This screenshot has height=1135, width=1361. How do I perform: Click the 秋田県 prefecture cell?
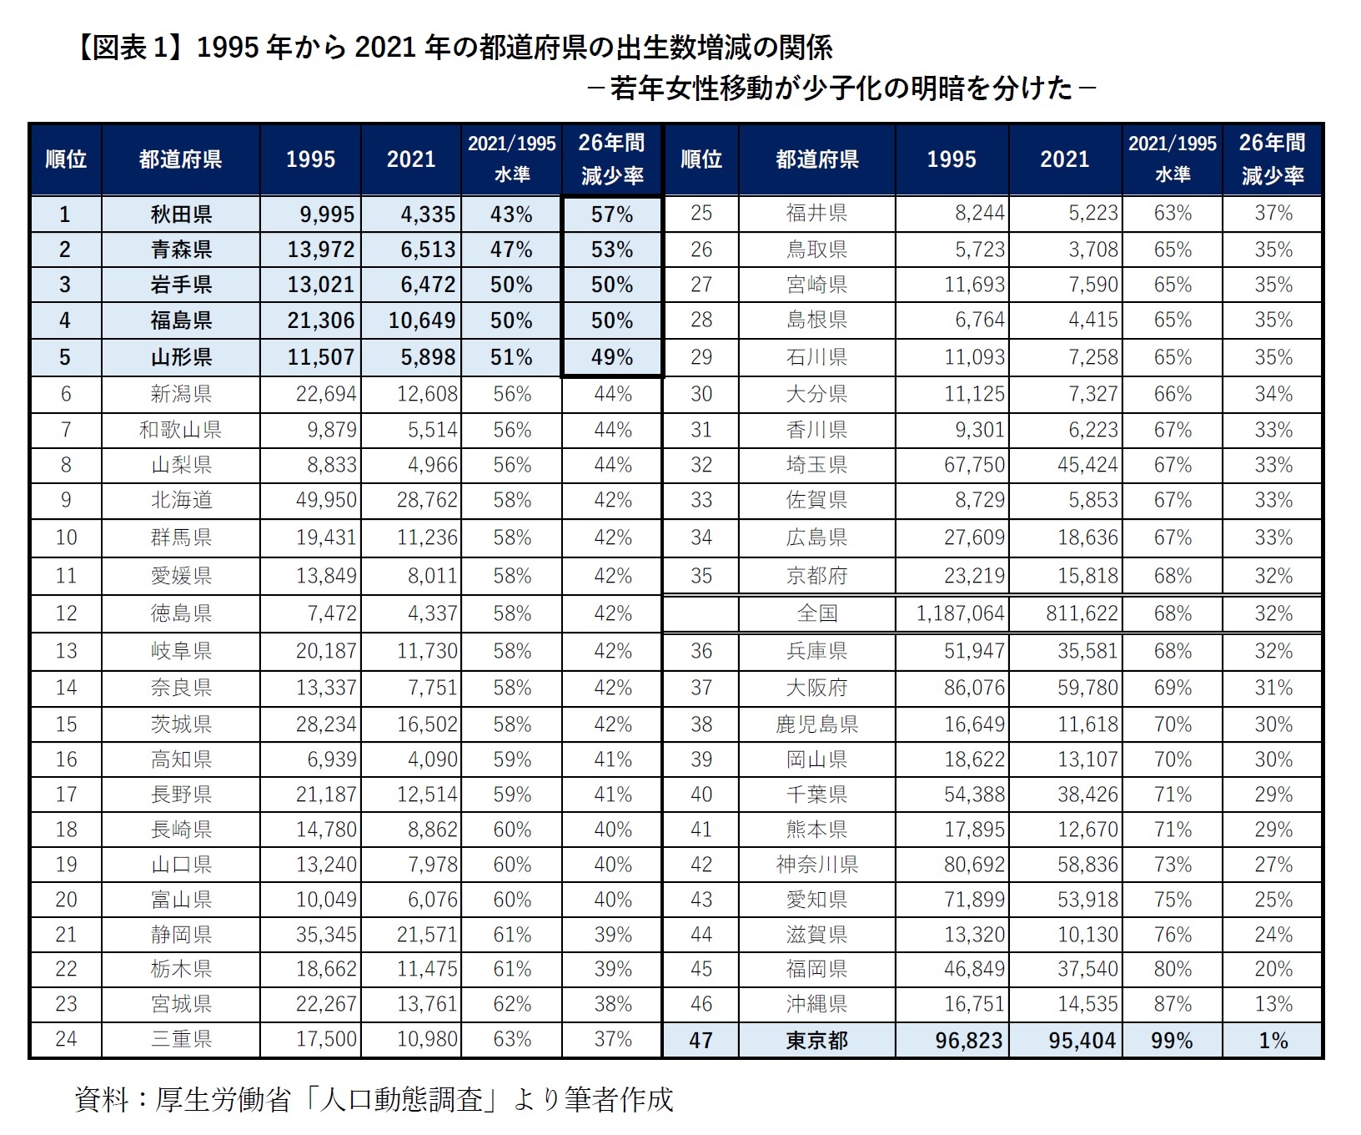(181, 214)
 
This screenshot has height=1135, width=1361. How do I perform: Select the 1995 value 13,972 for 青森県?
(321, 250)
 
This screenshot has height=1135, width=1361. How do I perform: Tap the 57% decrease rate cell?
(612, 214)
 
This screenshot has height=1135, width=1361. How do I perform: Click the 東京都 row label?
(816, 1041)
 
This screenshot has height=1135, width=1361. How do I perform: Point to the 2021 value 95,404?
(1082, 1041)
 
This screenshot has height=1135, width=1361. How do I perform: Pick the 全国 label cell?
(816, 613)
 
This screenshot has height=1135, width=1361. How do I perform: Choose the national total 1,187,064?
(960, 613)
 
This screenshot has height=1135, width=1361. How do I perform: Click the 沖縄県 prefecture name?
(816, 1004)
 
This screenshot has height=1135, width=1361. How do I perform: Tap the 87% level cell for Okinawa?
(1173, 1004)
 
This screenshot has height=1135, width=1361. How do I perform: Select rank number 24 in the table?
(66, 1039)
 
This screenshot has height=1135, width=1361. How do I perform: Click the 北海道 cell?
(181, 500)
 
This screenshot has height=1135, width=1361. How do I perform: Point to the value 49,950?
(326, 500)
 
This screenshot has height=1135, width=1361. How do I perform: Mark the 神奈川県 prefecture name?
(816, 865)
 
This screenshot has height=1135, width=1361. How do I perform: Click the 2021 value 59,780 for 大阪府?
(1087, 688)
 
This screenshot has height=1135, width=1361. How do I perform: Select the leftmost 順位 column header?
(66, 159)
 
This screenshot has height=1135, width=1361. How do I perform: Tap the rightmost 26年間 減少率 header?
(1272, 159)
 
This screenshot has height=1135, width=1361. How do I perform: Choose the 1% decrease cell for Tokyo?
(1273, 1041)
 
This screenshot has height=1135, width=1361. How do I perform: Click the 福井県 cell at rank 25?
(816, 213)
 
